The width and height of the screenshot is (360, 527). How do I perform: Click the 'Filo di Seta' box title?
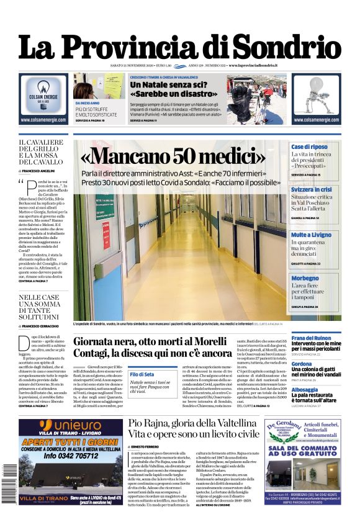point(142,374)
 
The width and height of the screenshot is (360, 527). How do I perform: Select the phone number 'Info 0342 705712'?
point(71,453)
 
